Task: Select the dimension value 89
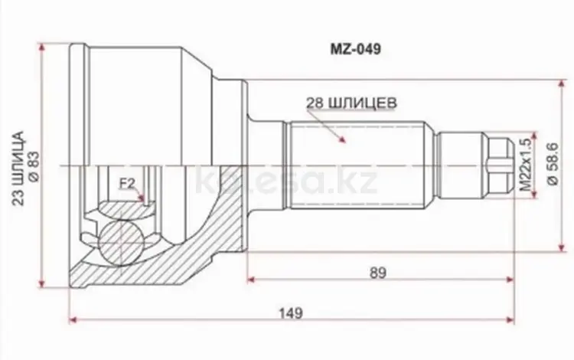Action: (x=376, y=272)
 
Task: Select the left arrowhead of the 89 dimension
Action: (x=251, y=278)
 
